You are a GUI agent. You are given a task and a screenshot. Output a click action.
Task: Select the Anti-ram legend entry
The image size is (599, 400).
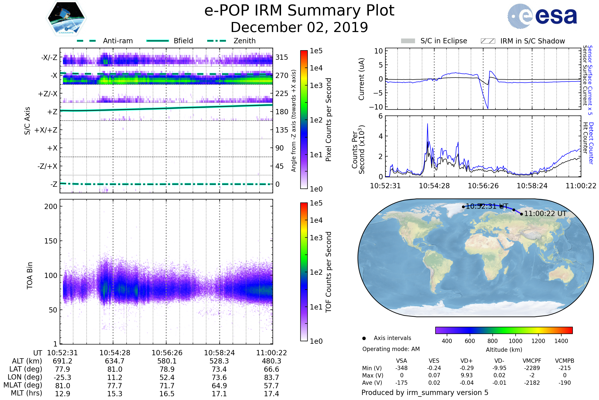click(118, 41)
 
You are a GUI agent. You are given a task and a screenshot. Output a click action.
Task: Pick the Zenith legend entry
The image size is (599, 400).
click(244, 41)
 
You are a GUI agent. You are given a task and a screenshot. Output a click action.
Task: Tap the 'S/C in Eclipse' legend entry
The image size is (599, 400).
click(444, 41)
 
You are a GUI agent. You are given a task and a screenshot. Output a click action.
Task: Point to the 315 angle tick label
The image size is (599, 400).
click(282, 57)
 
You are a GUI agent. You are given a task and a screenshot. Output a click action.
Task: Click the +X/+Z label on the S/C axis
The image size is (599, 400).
click(46, 130)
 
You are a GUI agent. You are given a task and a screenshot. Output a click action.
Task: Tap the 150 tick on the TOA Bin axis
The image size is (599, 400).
click(51, 241)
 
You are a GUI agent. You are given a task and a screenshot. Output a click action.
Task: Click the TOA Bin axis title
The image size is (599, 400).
click(29, 275)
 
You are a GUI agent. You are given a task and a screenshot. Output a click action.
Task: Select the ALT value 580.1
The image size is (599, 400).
click(167, 361)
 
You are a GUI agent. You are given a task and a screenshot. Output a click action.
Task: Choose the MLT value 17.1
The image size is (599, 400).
click(219, 393)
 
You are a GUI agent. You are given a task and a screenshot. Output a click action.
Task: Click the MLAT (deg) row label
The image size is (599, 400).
click(23, 385)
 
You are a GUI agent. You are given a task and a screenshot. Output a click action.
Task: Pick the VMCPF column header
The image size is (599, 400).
click(532, 361)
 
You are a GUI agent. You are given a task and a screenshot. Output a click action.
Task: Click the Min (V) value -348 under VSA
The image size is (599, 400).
click(401, 368)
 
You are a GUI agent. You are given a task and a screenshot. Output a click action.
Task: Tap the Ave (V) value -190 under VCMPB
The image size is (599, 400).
click(565, 383)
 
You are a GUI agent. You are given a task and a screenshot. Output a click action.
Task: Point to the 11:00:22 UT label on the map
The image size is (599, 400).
click(545, 213)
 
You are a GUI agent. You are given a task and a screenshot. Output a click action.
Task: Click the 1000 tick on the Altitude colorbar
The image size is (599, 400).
click(515, 341)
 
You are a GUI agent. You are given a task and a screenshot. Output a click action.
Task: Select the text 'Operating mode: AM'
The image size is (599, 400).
click(391, 349)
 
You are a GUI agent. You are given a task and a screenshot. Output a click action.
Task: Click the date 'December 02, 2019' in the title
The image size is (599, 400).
click(299, 27)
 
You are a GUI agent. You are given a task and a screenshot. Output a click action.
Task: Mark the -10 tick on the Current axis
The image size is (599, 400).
click(376, 107)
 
